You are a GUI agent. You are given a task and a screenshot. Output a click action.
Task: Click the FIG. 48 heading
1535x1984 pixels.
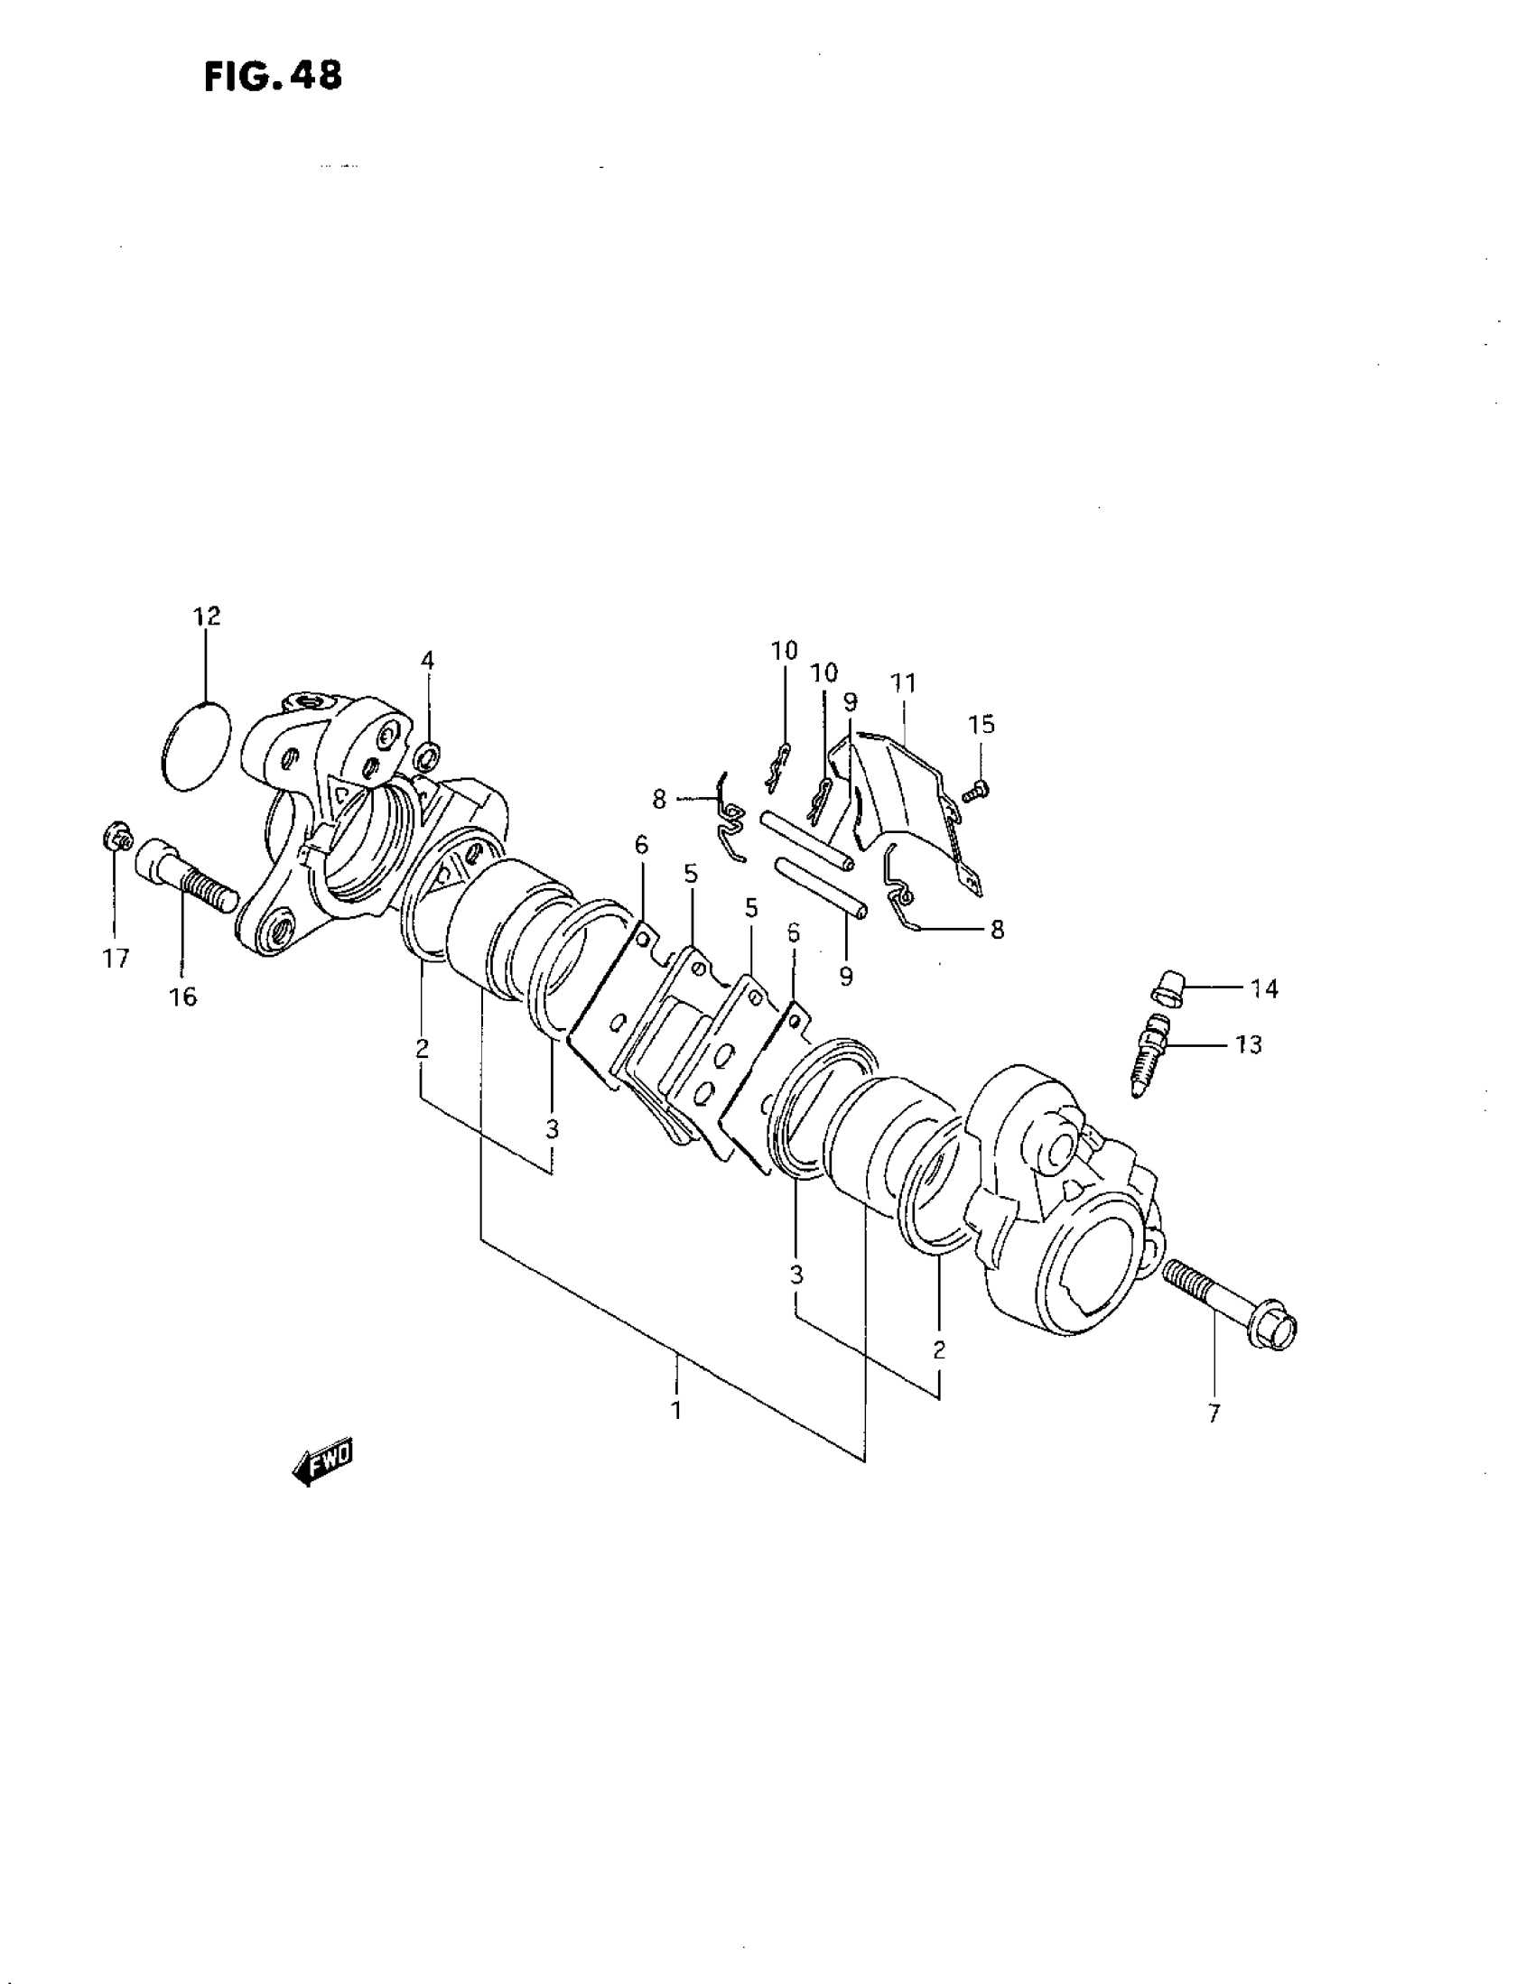(274, 77)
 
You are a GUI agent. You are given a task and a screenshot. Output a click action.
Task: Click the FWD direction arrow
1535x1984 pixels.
(322, 1461)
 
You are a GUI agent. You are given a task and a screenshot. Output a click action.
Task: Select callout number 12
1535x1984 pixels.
(206, 617)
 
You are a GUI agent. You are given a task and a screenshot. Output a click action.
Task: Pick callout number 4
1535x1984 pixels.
(427, 661)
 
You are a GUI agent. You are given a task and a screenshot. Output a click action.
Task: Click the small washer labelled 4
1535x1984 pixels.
(427, 754)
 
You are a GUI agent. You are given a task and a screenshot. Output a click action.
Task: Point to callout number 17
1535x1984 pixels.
(116, 959)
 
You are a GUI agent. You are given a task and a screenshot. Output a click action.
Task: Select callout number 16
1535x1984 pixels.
(182, 997)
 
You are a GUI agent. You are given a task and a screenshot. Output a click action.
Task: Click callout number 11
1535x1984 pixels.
(902, 682)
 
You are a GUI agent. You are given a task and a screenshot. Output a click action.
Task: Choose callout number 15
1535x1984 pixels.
(981, 724)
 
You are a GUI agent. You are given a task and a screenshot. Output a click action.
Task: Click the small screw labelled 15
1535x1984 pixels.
(977, 792)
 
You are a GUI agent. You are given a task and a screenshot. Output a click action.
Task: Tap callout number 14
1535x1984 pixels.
(1264, 988)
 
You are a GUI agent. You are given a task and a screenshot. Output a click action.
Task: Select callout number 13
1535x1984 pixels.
(1249, 1044)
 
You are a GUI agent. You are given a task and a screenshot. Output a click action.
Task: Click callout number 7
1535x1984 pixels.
(1214, 1413)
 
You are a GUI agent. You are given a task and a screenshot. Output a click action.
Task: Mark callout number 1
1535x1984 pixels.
(676, 1411)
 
